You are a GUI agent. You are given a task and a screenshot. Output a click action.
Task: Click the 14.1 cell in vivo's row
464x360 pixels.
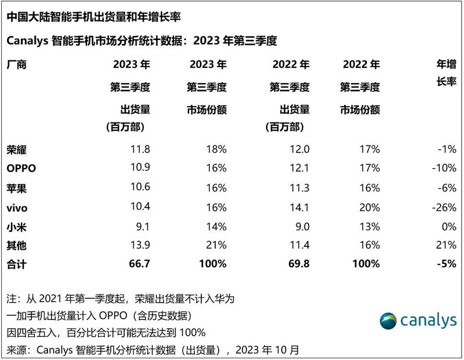298,207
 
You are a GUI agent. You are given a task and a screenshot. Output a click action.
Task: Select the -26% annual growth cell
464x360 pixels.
444,207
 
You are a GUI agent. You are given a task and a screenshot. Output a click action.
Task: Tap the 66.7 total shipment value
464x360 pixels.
139,264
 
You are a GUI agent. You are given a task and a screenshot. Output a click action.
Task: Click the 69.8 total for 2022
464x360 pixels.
298,264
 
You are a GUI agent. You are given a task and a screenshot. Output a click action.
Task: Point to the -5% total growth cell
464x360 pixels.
445,264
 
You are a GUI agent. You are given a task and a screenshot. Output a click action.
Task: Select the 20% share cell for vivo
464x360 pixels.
369,207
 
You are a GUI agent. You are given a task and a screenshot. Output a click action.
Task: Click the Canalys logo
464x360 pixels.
418,321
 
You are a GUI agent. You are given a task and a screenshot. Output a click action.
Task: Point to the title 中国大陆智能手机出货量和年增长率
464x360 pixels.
98,17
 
